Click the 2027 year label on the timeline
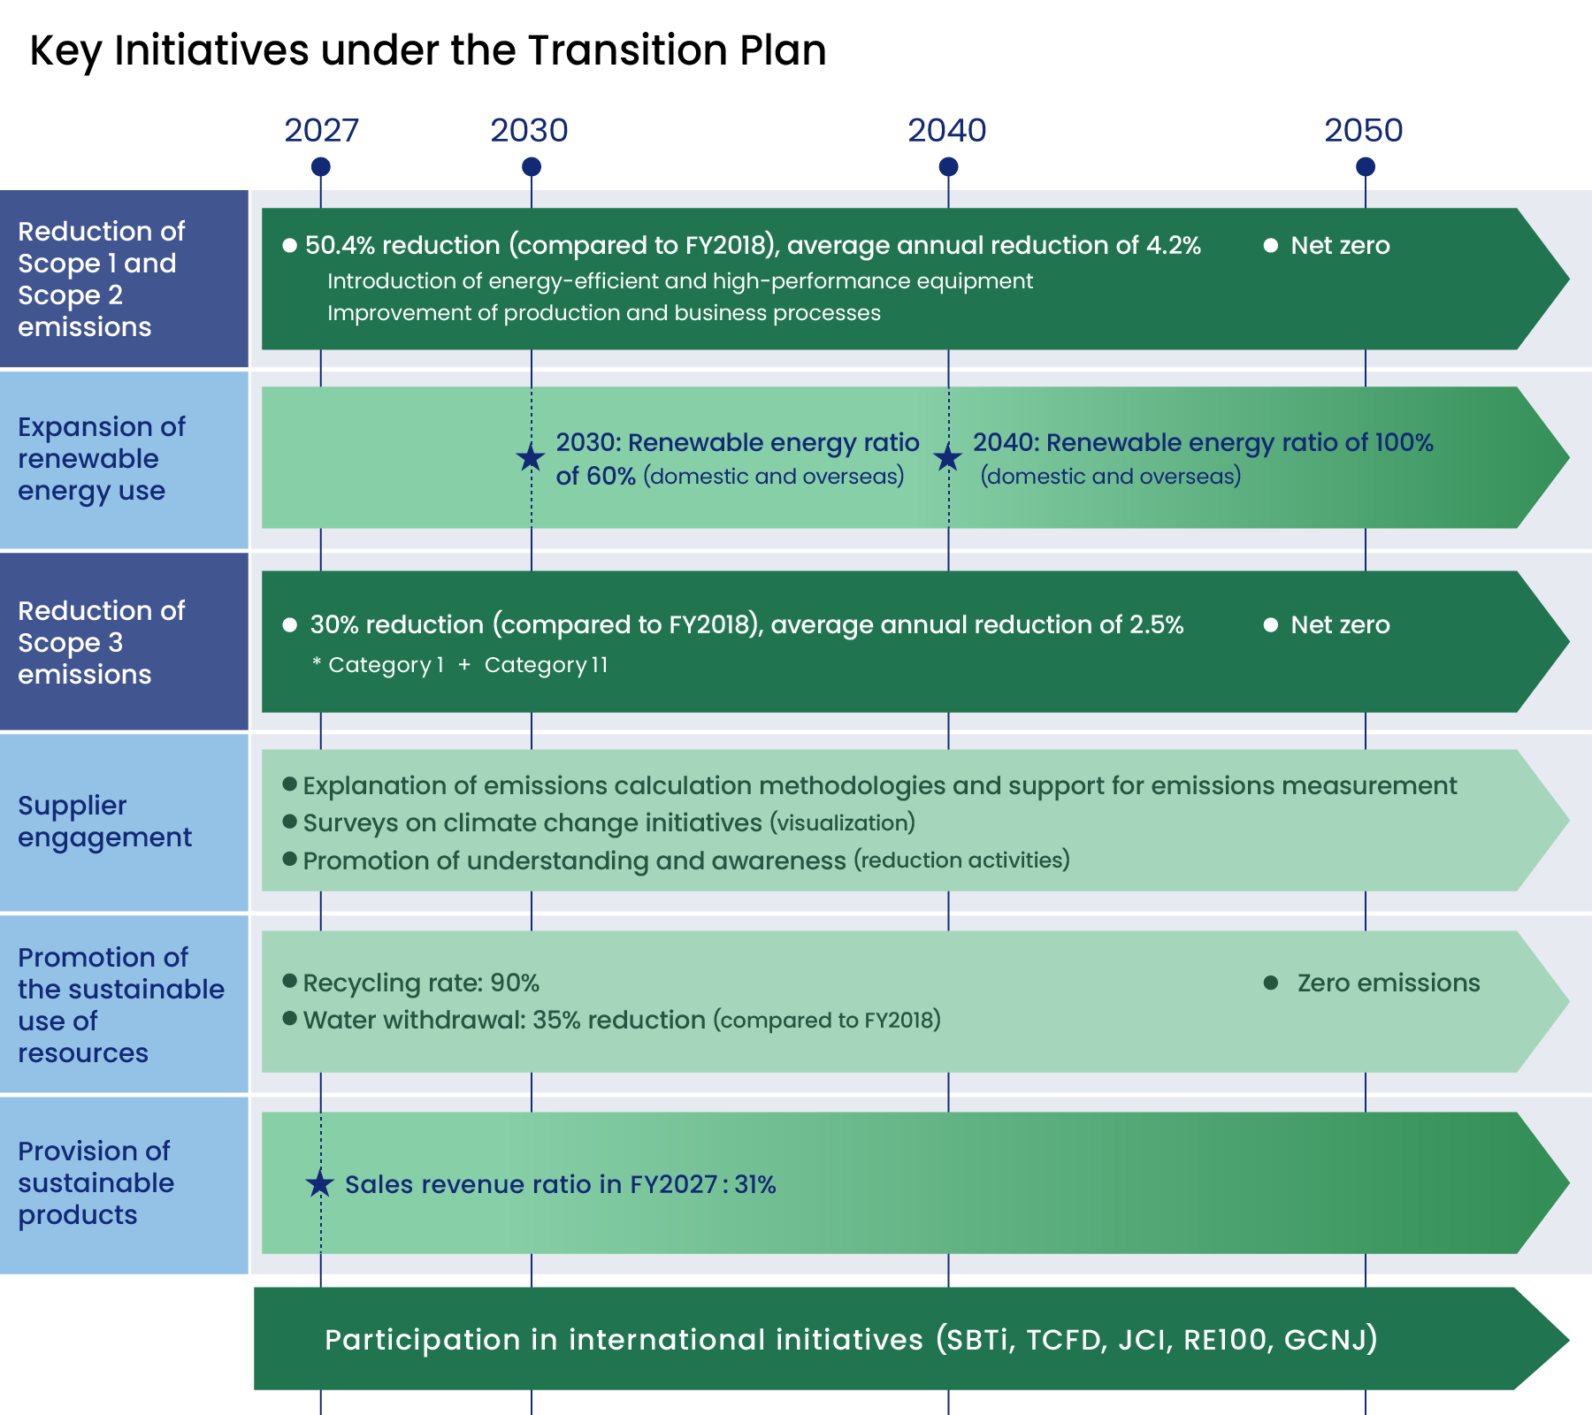coord(321,131)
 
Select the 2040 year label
coord(947,131)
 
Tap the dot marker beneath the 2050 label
coord(1366,166)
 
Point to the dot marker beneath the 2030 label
coord(532,166)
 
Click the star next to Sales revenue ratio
coord(320,1183)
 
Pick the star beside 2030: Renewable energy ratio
coord(531,457)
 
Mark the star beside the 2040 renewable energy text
coord(948,457)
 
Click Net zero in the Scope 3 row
coord(1340,624)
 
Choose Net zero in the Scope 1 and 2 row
coord(1340,245)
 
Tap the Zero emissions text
coord(1389,983)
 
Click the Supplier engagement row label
coord(104,822)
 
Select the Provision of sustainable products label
coord(96,1183)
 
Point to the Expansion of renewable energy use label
coord(102,459)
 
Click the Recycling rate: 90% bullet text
coord(421,983)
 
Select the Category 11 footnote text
coord(547,665)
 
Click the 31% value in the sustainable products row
coord(755,1184)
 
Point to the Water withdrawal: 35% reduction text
coord(504,1020)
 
